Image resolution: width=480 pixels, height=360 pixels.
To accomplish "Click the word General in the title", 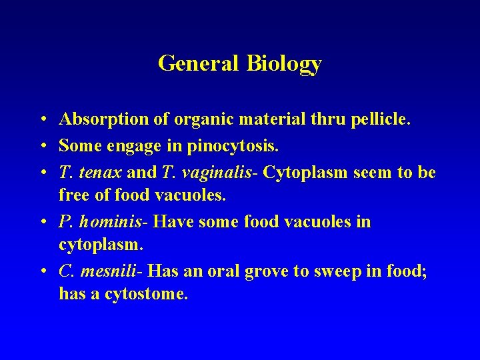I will click(x=199, y=63).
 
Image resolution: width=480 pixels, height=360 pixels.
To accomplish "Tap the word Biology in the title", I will click(x=284, y=64).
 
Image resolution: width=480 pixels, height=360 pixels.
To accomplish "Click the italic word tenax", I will click(x=100, y=173).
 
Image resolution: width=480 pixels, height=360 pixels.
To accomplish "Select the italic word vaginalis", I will click(x=217, y=173).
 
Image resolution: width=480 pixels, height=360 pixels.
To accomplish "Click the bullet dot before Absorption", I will click(x=41, y=121).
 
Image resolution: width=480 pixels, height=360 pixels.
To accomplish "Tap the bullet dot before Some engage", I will click(x=41, y=146).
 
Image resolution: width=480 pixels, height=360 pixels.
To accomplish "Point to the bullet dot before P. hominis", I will click(x=41, y=222).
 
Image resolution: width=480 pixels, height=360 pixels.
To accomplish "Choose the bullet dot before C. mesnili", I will click(x=41, y=271).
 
